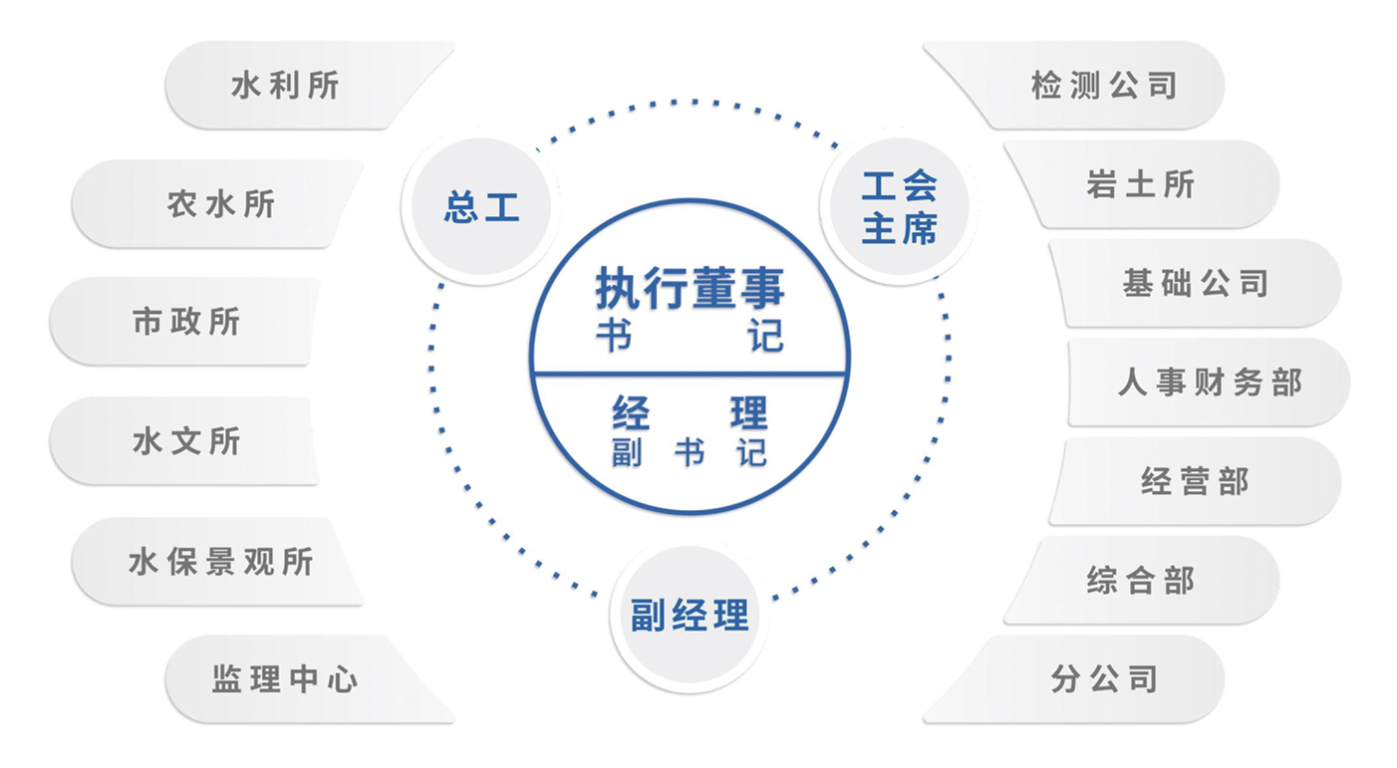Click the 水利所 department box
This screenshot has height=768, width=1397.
pyautogui.click(x=310, y=86)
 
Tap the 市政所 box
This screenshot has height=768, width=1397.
pyautogui.click(x=184, y=322)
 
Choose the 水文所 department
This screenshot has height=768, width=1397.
pyautogui.click(x=184, y=440)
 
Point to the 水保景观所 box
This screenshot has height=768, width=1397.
pyautogui.click(x=217, y=561)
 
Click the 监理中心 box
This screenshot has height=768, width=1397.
pyautogui.click(x=310, y=679)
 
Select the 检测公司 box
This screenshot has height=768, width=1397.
pyautogui.click(x=1073, y=86)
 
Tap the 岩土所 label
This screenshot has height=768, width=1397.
pyautogui.click(x=1141, y=184)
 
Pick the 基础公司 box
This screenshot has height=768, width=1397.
pyautogui.click(x=1195, y=283)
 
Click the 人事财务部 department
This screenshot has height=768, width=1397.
pyautogui.click(x=1209, y=383)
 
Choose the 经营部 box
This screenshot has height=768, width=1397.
pyautogui.click(x=1195, y=481)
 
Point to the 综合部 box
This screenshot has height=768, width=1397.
pyautogui.click(x=1141, y=581)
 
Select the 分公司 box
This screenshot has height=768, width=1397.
pyautogui.click(x=1073, y=679)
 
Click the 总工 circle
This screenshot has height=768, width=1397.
pyautogui.click(x=481, y=206)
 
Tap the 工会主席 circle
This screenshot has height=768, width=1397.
pyautogui.click(x=899, y=206)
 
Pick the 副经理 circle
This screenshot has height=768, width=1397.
pyautogui.click(x=690, y=615)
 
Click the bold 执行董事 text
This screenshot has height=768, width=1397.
pyautogui.click(x=690, y=288)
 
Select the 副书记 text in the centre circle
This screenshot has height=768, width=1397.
pyautogui.click(x=690, y=452)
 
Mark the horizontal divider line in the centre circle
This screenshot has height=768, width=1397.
pyautogui.click(x=690, y=374)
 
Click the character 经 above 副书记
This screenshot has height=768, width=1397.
pyautogui.click(x=631, y=412)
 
